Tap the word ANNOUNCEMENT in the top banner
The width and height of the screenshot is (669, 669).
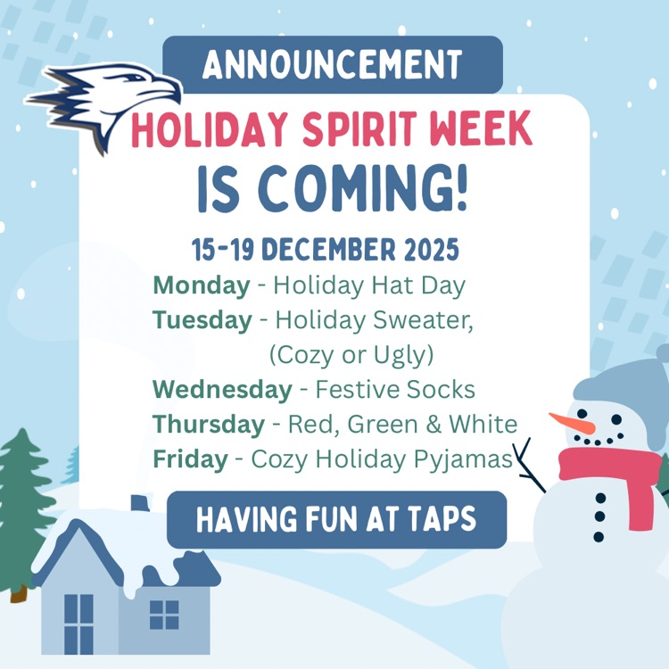click(332, 64)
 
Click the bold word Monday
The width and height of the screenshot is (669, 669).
click(201, 286)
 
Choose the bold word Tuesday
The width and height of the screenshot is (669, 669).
click(202, 320)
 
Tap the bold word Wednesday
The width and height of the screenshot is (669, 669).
click(222, 390)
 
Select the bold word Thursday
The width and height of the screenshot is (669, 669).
click(209, 425)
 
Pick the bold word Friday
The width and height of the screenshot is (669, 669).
click(190, 459)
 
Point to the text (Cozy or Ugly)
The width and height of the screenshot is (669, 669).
click(351, 355)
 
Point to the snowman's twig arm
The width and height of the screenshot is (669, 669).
click(533, 465)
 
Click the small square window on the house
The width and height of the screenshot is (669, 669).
click(164, 615)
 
